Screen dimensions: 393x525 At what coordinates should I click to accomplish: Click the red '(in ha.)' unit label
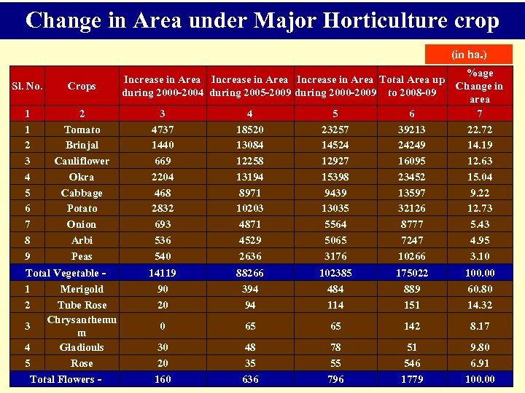pyautogui.click(x=470, y=55)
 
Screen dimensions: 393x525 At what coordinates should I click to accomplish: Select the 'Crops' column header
pyautogui.click(x=82, y=86)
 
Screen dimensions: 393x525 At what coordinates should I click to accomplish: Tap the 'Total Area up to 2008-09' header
pyautogui.click(x=412, y=86)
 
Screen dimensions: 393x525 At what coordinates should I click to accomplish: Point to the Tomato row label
pyautogui.click(x=82, y=130)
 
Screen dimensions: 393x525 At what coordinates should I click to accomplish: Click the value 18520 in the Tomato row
pyautogui.click(x=249, y=130)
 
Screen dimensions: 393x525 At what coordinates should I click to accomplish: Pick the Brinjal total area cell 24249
pyautogui.click(x=412, y=145)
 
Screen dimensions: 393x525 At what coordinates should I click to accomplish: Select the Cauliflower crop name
pyautogui.click(x=82, y=161)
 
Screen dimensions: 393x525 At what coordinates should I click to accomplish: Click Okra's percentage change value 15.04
pyautogui.click(x=479, y=177)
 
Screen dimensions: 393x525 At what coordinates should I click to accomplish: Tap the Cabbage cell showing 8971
pyautogui.click(x=249, y=193)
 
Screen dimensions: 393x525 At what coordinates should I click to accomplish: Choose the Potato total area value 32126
pyautogui.click(x=412, y=208)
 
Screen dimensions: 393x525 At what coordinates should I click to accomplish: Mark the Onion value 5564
pyautogui.click(x=335, y=224)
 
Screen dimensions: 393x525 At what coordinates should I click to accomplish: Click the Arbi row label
pyautogui.click(x=82, y=240)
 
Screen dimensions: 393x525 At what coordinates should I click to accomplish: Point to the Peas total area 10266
pyautogui.click(x=412, y=256)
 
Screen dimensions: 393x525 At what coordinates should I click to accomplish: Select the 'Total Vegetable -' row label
pyautogui.click(x=66, y=273)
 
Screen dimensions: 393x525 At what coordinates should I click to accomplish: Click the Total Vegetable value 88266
pyautogui.click(x=249, y=273)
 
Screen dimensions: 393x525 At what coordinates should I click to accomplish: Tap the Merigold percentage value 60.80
pyautogui.click(x=479, y=289)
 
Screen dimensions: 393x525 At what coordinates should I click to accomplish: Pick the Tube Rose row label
pyautogui.click(x=82, y=305)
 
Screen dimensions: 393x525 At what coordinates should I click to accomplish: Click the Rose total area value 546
pyautogui.click(x=412, y=362)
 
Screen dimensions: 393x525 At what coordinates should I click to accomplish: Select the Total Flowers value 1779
pyautogui.click(x=412, y=379)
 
